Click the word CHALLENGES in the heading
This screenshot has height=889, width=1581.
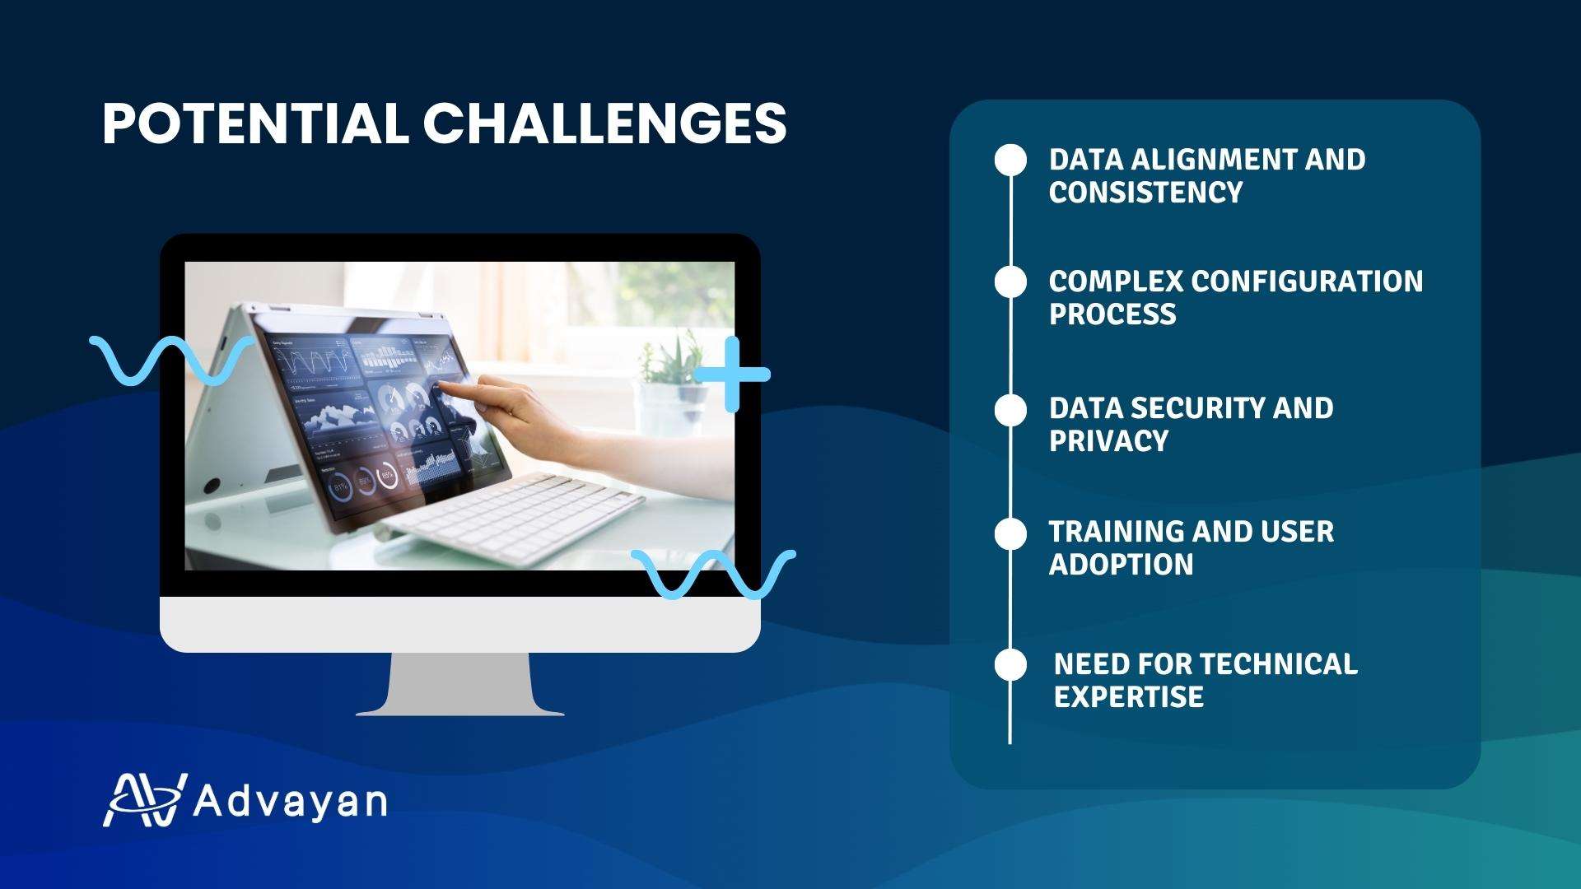pyautogui.click(x=605, y=124)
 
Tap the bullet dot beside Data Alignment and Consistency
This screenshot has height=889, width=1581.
pyautogui.click(x=1010, y=161)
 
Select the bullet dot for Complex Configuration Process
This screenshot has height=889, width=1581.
pyautogui.click(x=1010, y=282)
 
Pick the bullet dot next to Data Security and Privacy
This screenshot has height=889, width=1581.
pyautogui.click(x=1010, y=411)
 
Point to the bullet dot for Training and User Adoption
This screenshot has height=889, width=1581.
pyautogui.click(x=1010, y=534)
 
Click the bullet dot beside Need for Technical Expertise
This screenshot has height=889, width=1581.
pyautogui.click(x=1010, y=664)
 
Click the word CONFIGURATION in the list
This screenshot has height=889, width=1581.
pyautogui.click(x=1307, y=282)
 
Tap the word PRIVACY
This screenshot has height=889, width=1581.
pyautogui.click(x=1108, y=441)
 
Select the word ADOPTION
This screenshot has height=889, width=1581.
pyautogui.click(x=1121, y=565)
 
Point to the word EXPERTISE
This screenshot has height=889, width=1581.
pyautogui.click(x=1128, y=697)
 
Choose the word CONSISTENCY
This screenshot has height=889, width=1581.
pyautogui.click(x=1145, y=193)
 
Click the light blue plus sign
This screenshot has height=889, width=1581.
pyautogui.click(x=731, y=375)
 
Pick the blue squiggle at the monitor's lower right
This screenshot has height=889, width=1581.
pyautogui.click(x=713, y=574)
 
